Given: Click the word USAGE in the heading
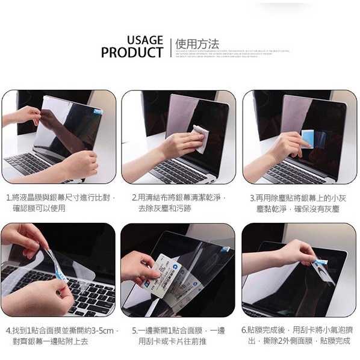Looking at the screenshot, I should click(x=144, y=40).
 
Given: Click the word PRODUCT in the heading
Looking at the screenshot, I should click(x=132, y=53).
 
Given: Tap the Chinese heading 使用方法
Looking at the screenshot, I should click(x=196, y=45).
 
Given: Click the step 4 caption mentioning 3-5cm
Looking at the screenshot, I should click(x=60, y=335).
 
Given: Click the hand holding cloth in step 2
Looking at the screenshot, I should click(x=181, y=144).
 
